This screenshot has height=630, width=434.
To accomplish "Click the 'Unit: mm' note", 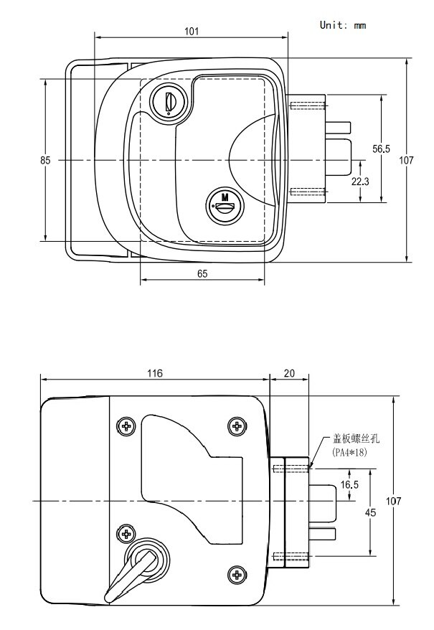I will pos(342,25).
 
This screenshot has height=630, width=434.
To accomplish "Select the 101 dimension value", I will pos(191,31).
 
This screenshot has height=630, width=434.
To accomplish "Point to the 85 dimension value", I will pos(45,161).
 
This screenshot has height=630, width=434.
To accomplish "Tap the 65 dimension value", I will pos(202,274).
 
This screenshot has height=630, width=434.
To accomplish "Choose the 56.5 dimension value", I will pos(381,149).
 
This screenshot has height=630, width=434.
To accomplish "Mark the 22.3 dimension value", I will pos(360,182).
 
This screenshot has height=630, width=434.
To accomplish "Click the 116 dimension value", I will pos(154,373).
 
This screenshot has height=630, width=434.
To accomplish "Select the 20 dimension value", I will pos(288,373).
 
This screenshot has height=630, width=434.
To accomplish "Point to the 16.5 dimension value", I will pos(349,485).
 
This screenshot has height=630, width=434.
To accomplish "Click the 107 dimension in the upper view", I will pos(407,161).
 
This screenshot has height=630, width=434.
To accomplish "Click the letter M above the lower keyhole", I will pos(225,197).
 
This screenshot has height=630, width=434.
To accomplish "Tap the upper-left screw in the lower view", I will pos(126,426).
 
